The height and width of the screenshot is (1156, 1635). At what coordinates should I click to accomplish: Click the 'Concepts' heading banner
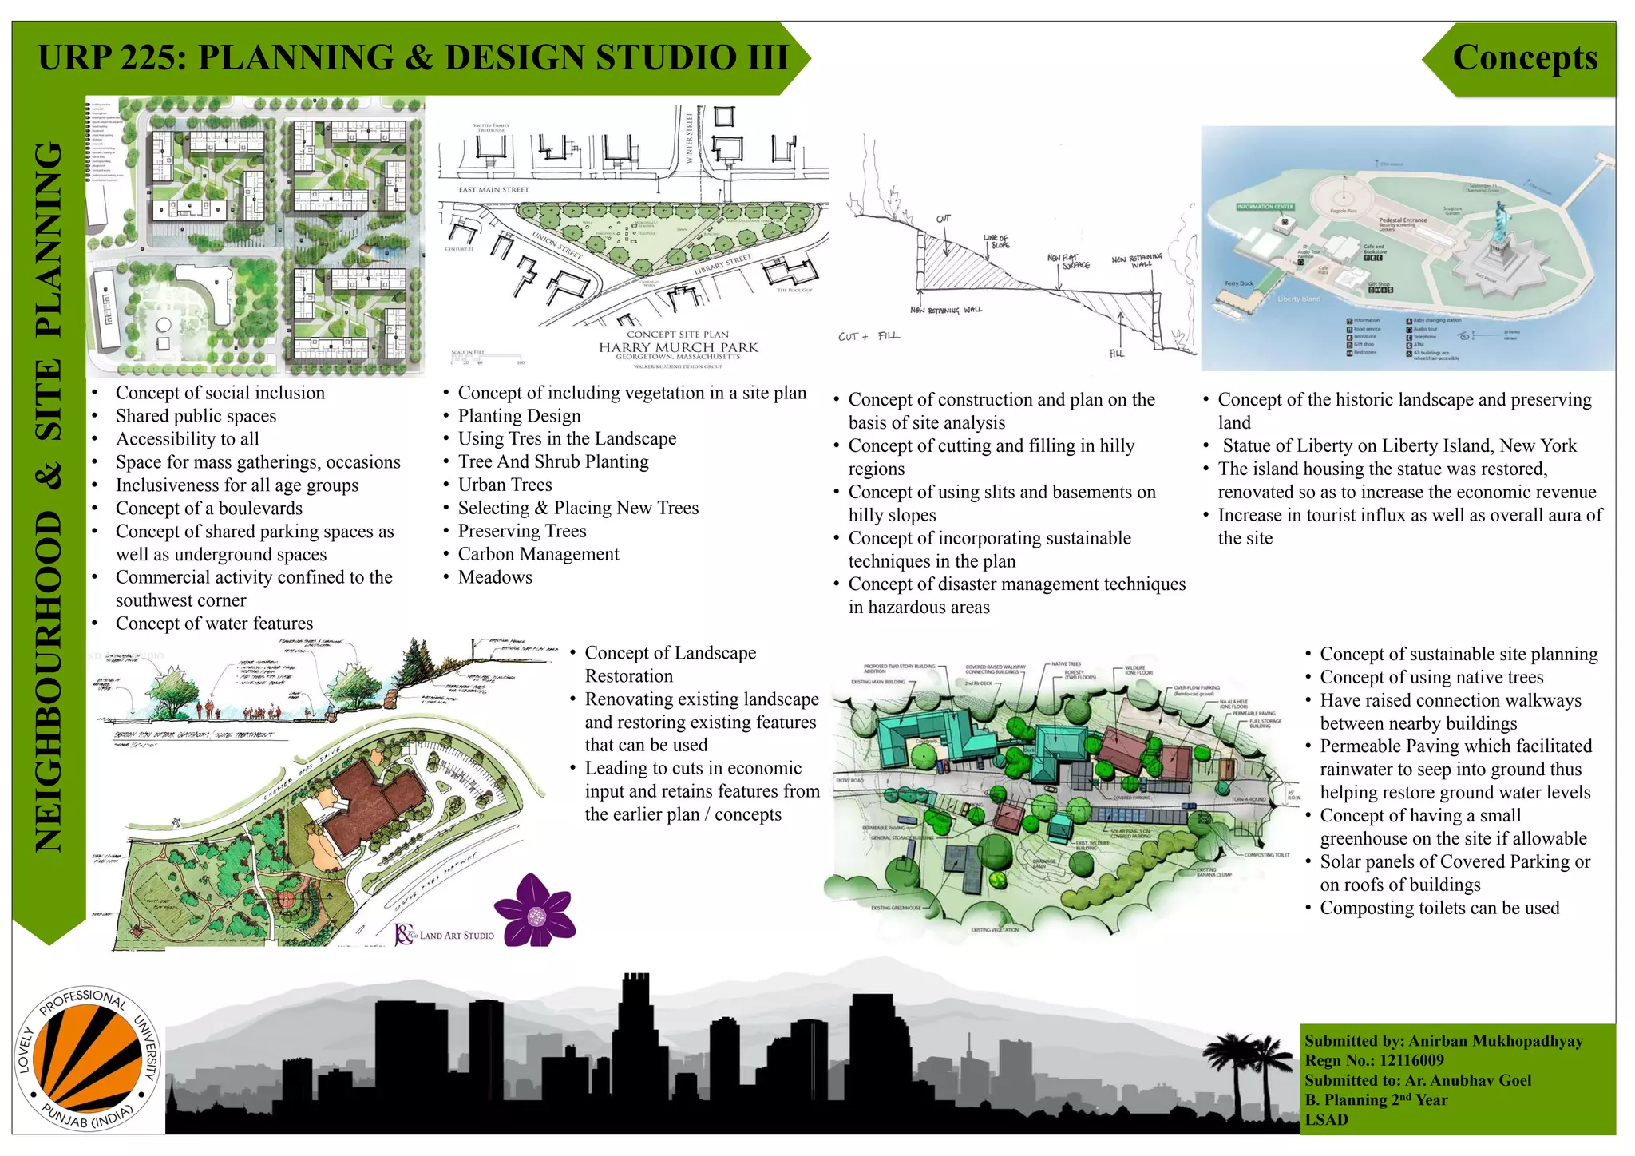(1524, 58)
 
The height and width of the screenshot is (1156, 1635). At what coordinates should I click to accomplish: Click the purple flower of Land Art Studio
(536, 910)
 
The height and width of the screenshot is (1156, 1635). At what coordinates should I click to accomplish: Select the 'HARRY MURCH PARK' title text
(679, 347)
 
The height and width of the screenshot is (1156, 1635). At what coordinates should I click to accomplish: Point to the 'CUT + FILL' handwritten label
(869, 336)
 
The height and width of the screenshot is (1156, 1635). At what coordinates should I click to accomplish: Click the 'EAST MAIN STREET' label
(493, 190)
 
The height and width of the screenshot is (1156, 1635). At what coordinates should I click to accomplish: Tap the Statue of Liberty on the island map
(1502, 240)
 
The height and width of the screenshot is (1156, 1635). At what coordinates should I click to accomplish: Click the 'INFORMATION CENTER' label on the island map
(1265, 207)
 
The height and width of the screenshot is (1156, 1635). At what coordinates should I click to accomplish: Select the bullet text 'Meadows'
(495, 577)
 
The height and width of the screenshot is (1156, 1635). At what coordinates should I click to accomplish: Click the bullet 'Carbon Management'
(538, 554)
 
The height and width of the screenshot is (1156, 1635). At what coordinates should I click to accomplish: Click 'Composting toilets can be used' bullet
(1439, 908)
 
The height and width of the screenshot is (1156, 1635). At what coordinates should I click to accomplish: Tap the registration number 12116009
(1411, 1061)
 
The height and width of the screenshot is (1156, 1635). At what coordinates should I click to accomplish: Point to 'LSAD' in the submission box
(1326, 1119)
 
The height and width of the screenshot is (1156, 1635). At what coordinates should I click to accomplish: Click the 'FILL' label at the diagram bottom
(1116, 353)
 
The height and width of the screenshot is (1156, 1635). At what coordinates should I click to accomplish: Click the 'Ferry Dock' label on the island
(1239, 283)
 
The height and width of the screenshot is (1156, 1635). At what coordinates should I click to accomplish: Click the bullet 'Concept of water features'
(214, 624)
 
